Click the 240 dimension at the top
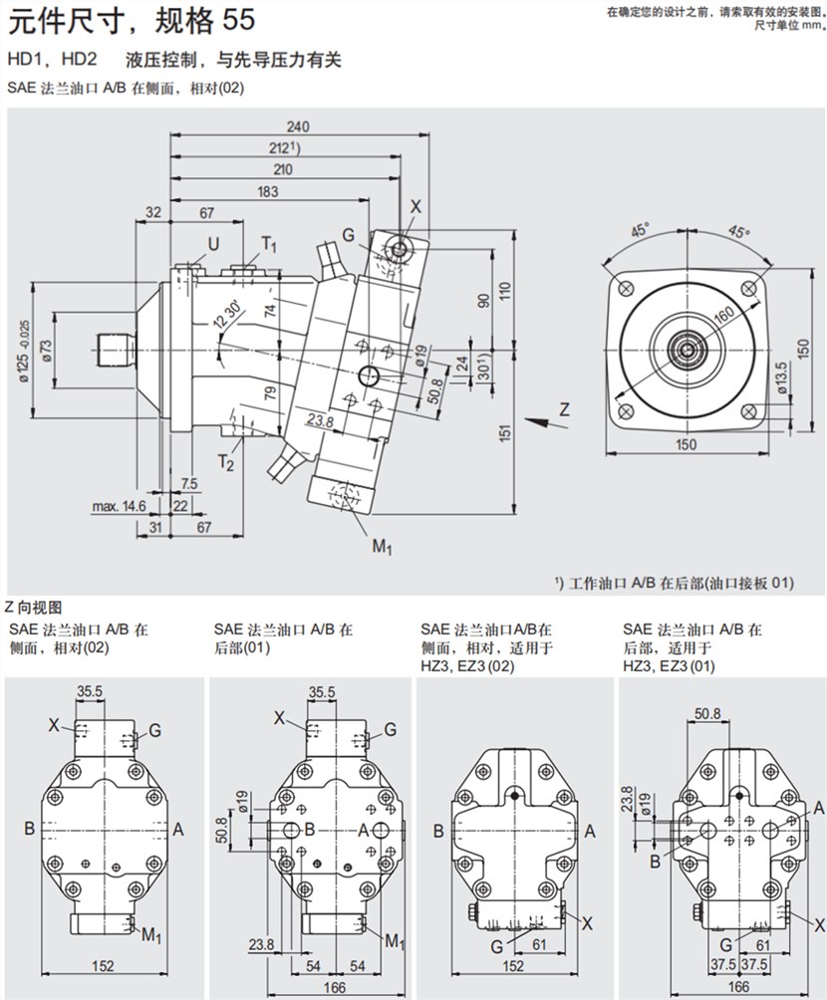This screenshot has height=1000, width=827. pyautogui.click(x=297, y=126)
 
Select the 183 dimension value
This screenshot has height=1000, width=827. pyautogui.click(x=268, y=191)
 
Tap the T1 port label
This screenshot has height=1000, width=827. pyautogui.click(x=269, y=244)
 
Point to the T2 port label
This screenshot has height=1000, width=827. pyautogui.click(x=227, y=462)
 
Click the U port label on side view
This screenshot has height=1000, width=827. pyautogui.click(x=213, y=244)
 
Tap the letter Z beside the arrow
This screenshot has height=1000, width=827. pyautogui.click(x=563, y=408)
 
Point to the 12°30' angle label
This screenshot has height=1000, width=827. pyautogui.click(x=224, y=317)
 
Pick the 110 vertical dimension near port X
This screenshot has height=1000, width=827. pyautogui.click(x=505, y=292)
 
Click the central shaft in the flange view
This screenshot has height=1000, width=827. pyautogui.click(x=686, y=349)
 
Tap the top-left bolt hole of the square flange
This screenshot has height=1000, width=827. pyautogui.click(x=625, y=287)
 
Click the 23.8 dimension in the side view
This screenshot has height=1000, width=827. pyautogui.click(x=320, y=420)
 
